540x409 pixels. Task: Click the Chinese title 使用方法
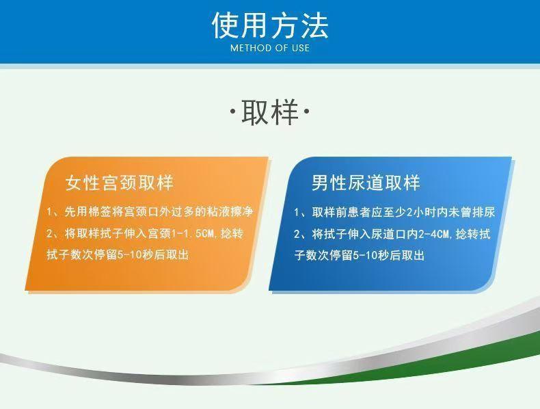click(x=270, y=25)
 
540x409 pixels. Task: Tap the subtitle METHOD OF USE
click(x=270, y=48)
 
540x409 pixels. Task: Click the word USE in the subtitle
click(x=301, y=48)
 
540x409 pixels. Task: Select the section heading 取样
click(x=270, y=112)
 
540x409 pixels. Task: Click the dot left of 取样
click(x=233, y=111)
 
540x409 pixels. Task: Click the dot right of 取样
click(x=306, y=111)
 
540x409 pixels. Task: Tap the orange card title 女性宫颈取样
click(x=119, y=183)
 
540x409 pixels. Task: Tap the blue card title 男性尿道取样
click(x=366, y=183)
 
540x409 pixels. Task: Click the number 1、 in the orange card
click(x=54, y=212)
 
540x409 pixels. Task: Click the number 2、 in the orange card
click(x=54, y=234)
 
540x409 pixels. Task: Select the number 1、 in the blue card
click(x=301, y=212)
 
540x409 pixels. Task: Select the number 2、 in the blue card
click(x=301, y=235)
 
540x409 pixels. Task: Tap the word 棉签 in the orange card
click(x=100, y=211)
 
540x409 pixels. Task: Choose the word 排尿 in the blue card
click(x=483, y=212)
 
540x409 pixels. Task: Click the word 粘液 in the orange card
click(x=217, y=211)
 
